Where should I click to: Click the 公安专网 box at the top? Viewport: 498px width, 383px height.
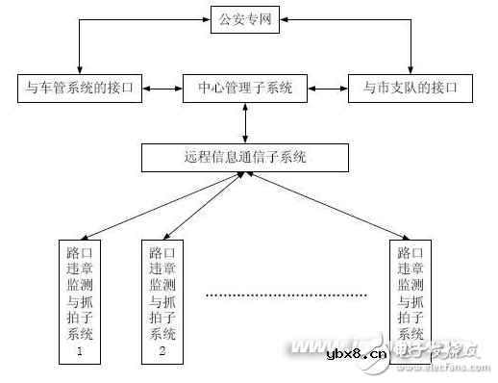point(245,20)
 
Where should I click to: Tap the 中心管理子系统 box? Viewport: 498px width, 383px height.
point(245,89)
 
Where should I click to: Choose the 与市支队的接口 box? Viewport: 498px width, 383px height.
point(411,89)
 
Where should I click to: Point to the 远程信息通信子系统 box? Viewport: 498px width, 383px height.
point(244,156)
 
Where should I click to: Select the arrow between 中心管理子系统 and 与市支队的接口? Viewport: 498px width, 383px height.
point(329,89)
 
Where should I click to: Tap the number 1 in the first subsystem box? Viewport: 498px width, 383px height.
point(81,352)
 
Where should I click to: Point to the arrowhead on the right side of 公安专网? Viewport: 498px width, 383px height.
point(286,20)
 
